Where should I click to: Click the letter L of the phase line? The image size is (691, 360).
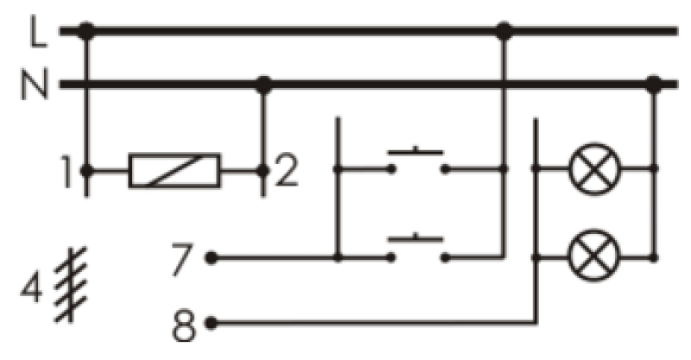[38, 31]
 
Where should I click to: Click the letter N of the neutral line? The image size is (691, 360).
[34, 84]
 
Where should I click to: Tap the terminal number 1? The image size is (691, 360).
[67, 172]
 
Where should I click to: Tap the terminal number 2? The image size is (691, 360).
[286, 171]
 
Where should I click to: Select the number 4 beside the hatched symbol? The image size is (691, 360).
[31, 287]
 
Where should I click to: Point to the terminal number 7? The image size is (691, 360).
[182, 260]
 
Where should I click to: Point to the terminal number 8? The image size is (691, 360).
[184, 325]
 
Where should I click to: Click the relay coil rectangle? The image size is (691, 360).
[174, 171]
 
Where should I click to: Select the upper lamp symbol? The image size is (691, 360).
[594, 168]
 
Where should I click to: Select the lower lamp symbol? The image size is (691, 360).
[594, 256]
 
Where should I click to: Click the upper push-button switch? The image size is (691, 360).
[417, 161]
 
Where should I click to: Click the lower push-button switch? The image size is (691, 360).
[417, 248]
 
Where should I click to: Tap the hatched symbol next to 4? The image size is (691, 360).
[71, 285]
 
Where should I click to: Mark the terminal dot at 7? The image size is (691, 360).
[211, 258]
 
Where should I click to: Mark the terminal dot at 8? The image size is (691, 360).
[211, 323]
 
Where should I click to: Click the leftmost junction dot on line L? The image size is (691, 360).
[86, 31]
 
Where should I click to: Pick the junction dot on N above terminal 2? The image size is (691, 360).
[263, 84]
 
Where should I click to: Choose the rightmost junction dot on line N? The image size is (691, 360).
[654, 84]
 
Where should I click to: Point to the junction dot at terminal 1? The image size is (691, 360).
[86, 171]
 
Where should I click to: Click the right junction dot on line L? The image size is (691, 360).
[504, 31]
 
